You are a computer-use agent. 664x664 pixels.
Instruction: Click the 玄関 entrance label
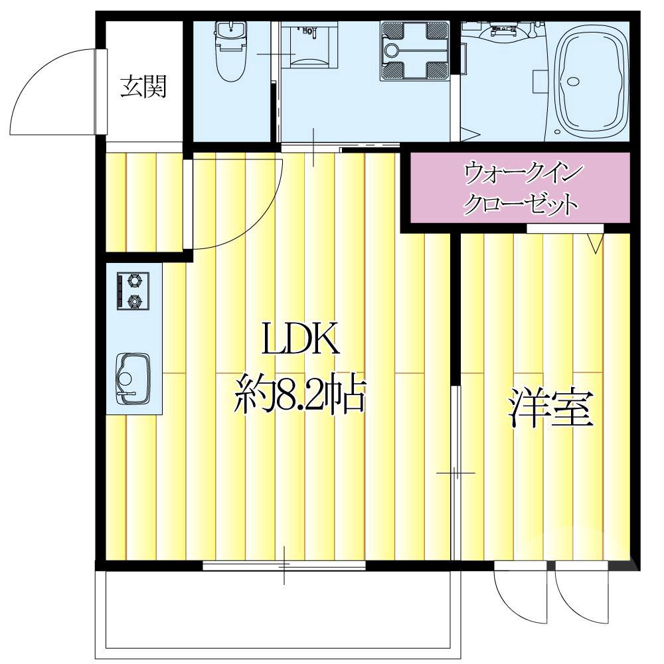tap(143, 87)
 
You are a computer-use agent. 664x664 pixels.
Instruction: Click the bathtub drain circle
tap(573, 83)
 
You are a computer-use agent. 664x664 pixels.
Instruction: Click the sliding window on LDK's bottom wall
tap(284, 566)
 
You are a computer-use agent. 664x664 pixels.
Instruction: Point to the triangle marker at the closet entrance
tap(594, 244)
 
